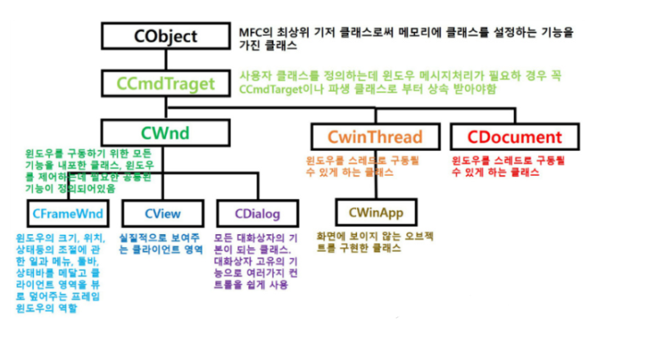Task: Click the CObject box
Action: (166, 36)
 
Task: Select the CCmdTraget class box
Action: (166, 83)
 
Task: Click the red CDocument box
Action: (507, 137)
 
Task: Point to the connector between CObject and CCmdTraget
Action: (166, 60)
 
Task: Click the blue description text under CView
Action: (161, 243)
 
